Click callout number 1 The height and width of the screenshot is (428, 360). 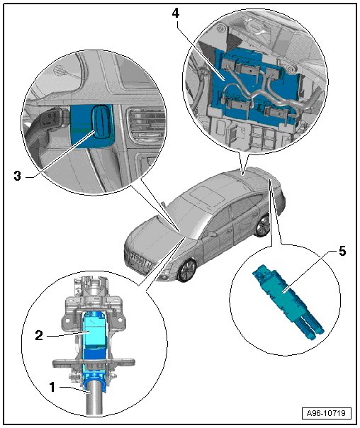52,387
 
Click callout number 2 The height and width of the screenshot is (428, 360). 39,335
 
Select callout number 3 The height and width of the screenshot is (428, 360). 17,176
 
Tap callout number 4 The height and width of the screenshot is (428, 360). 176,13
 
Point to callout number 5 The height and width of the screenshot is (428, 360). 342,251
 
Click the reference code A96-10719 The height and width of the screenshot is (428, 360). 326,413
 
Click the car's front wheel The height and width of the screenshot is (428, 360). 186,271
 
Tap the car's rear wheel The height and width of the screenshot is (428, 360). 263,225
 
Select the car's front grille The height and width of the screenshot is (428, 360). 139,259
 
